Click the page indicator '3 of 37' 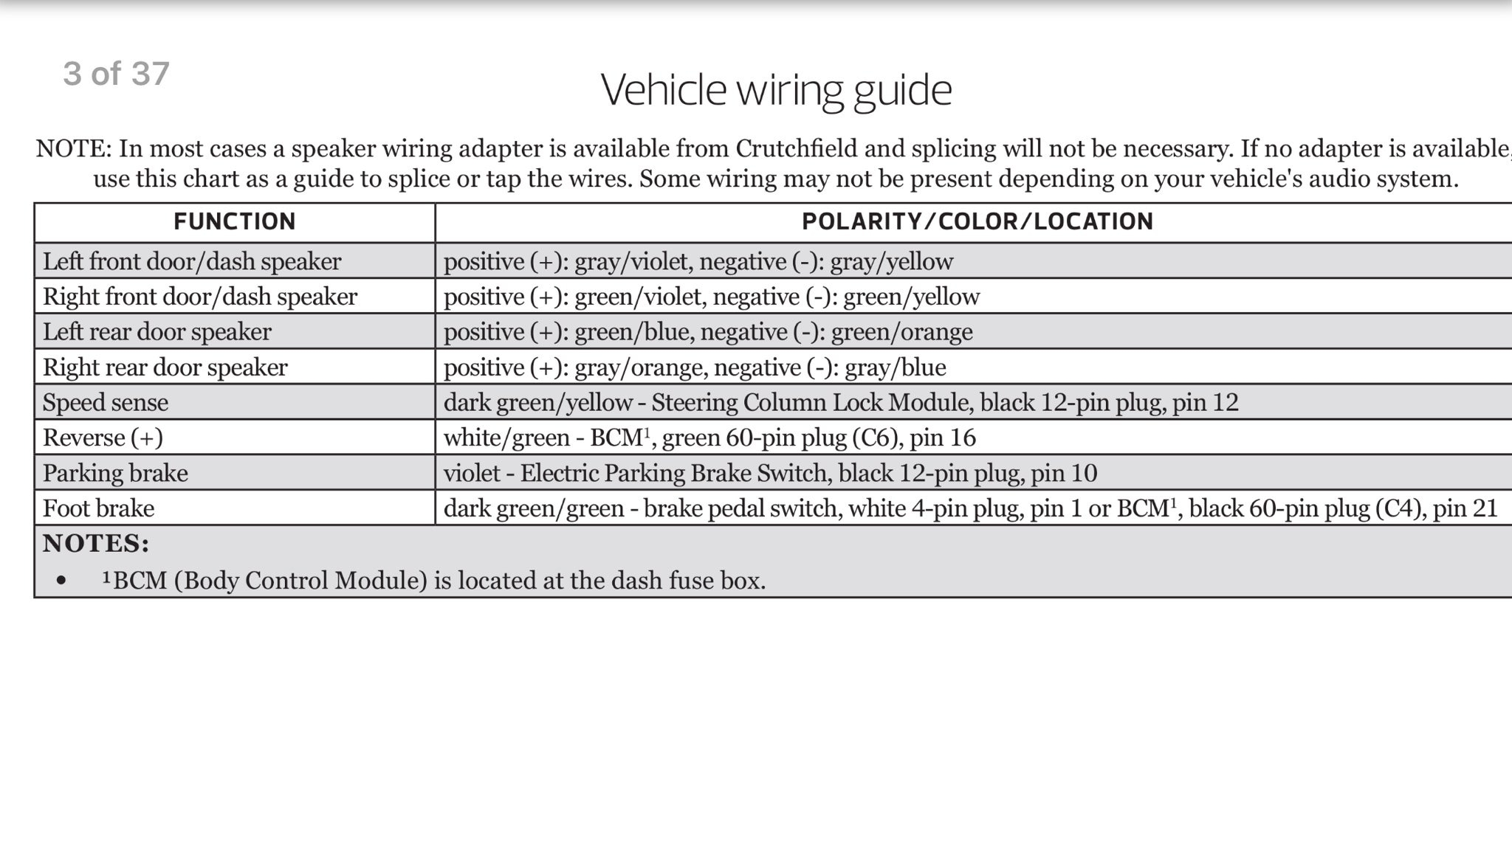pyautogui.click(x=117, y=74)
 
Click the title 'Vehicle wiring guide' pyautogui.click(x=776, y=90)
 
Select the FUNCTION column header pyautogui.click(x=235, y=222)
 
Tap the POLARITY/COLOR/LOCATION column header pyautogui.click(x=977, y=222)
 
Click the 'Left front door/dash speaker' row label pyautogui.click(x=192, y=261)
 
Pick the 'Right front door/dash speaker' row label pyautogui.click(x=200, y=297)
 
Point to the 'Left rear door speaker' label pyautogui.click(x=157, y=332)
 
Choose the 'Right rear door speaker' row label pyautogui.click(x=165, y=367)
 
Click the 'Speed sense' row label pyautogui.click(x=106, y=403)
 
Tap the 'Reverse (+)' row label pyautogui.click(x=103, y=438)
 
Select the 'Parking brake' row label pyautogui.click(x=115, y=473)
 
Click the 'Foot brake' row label pyautogui.click(x=99, y=508)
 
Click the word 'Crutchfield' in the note pyautogui.click(x=796, y=149)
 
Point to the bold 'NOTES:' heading pyautogui.click(x=96, y=544)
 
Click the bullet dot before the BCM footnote pyautogui.click(x=61, y=581)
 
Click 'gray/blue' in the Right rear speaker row pyautogui.click(x=895, y=367)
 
